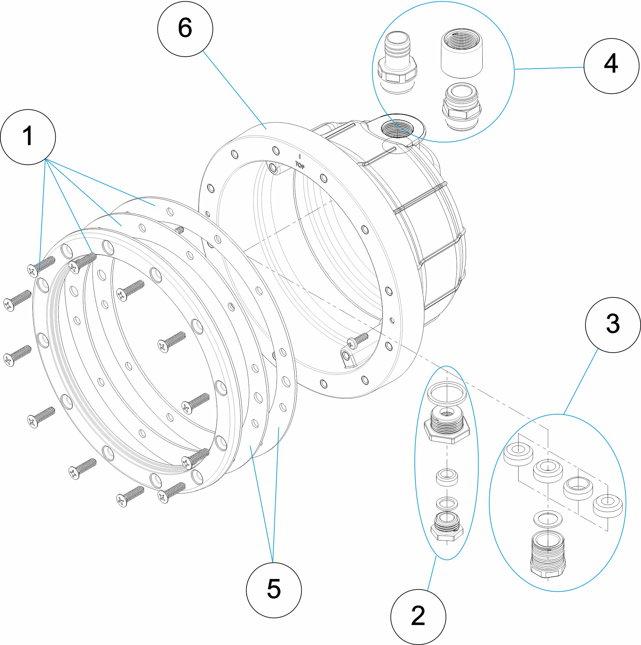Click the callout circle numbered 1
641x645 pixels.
28,137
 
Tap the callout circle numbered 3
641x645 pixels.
613,325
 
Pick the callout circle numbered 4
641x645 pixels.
611,66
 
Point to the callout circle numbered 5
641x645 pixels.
274,590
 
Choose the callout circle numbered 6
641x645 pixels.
185,29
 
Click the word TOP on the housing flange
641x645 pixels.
300,165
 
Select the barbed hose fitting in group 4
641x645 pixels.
397,63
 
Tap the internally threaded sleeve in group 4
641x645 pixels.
462,54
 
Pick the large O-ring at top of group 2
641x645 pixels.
447,393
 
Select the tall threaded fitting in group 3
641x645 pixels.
548,554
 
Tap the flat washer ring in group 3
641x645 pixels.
548,518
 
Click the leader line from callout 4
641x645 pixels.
549,68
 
